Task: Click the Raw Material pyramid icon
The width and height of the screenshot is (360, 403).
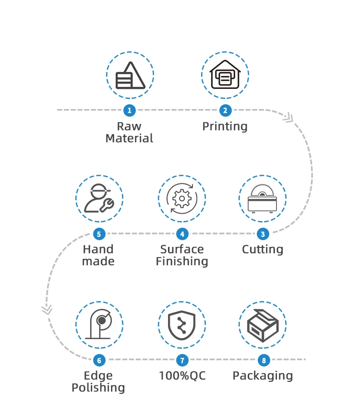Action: (x=130, y=75)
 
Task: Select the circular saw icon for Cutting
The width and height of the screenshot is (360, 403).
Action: (x=262, y=198)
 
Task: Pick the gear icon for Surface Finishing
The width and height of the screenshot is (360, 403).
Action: (x=182, y=198)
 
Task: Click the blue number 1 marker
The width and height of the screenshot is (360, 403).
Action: (x=129, y=110)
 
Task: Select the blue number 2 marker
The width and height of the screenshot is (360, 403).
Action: (x=225, y=110)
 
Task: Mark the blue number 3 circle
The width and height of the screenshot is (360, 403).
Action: (x=263, y=234)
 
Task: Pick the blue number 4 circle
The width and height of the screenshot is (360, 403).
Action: (x=182, y=234)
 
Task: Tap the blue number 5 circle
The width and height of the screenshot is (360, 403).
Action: (x=99, y=234)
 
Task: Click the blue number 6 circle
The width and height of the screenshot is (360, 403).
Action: (x=99, y=360)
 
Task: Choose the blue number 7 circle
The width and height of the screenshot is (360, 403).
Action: (x=182, y=360)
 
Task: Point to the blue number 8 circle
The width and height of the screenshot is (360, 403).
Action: (x=263, y=360)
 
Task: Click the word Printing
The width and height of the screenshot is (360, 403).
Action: (x=225, y=127)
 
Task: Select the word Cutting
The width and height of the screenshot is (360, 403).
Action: (x=262, y=250)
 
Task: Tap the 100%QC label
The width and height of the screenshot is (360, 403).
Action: (x=182, y=376)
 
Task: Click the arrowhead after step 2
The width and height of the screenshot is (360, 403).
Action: (x=288, y=117)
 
